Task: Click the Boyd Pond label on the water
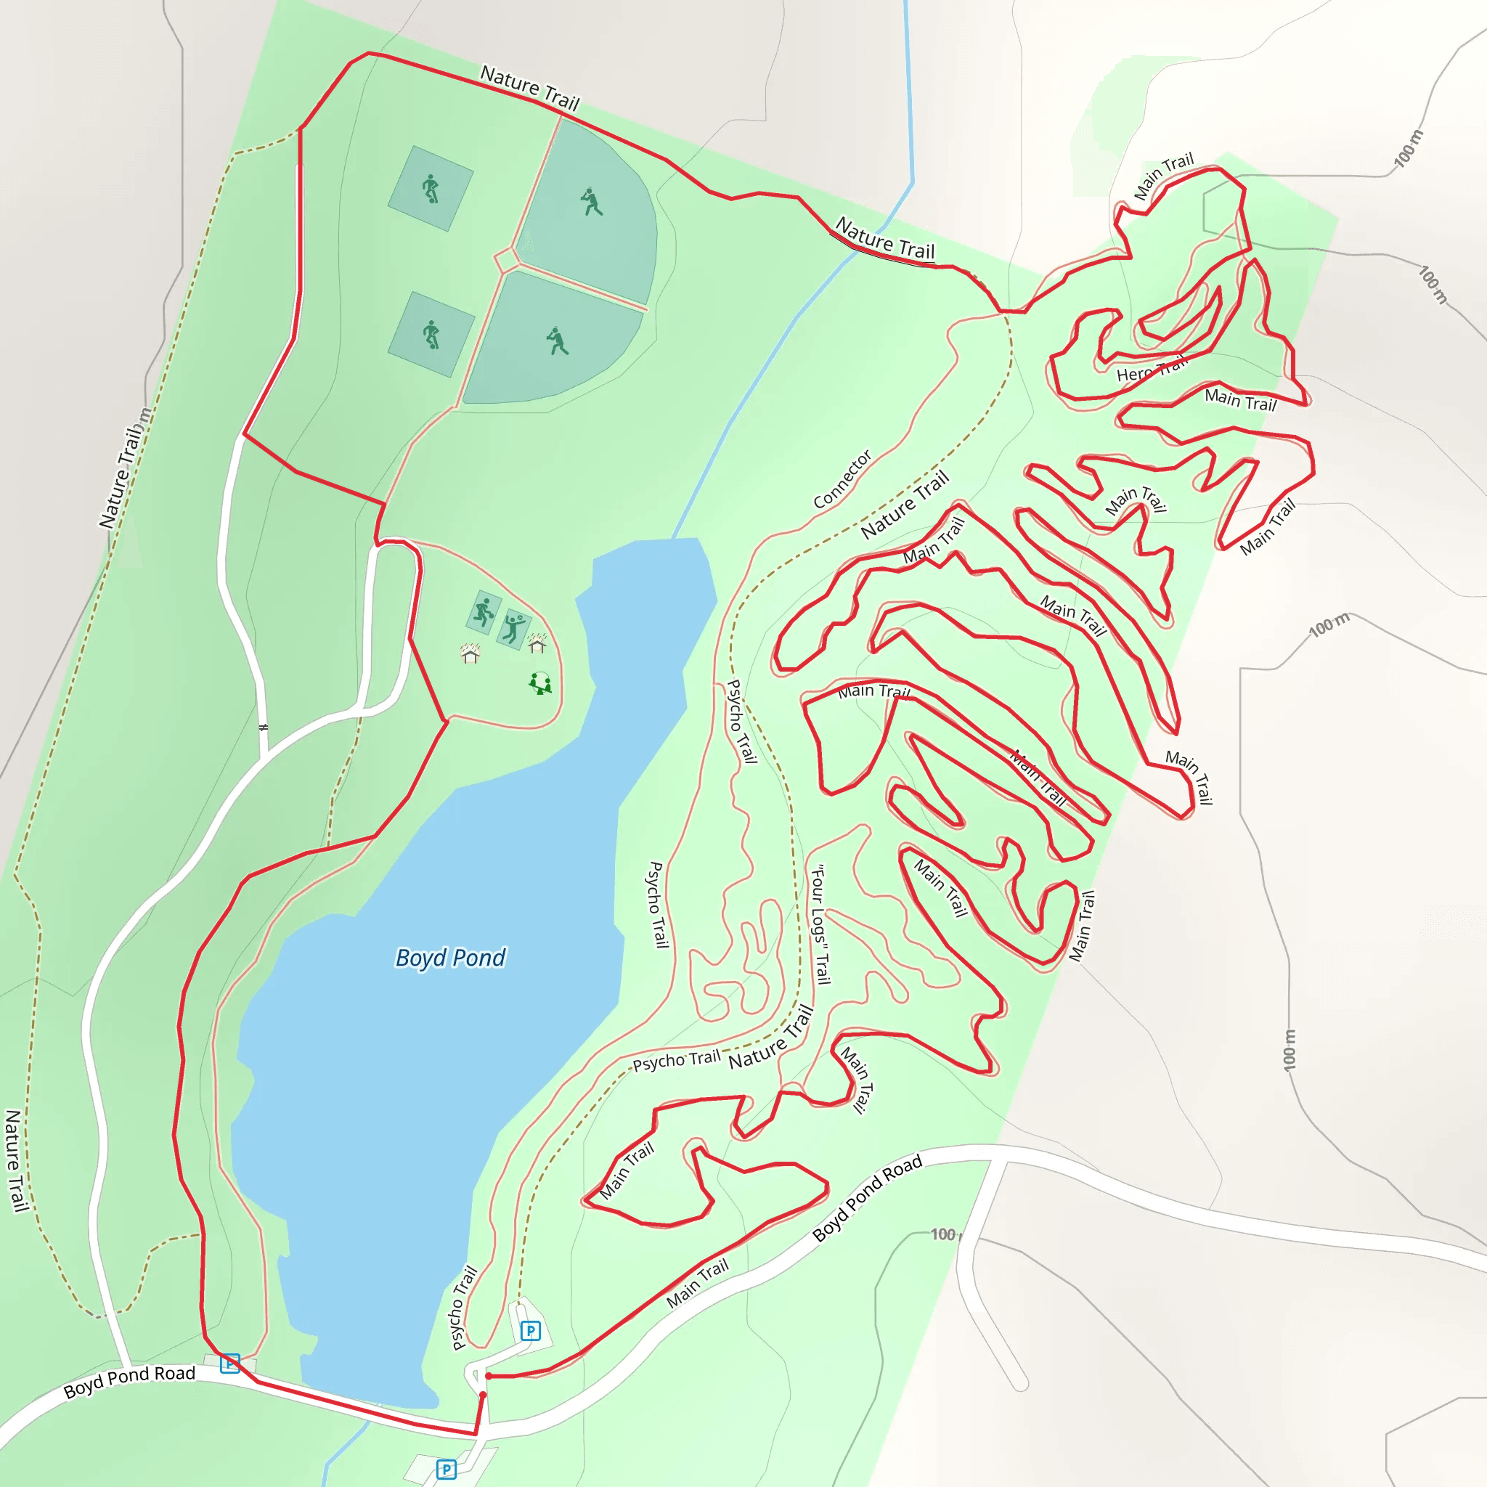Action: point(450,958)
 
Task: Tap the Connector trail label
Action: point(843,478)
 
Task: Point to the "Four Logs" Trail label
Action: point(820,924)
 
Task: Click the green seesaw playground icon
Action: point(540,683)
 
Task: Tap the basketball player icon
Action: point(484,612)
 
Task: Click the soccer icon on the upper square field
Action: point(431,188)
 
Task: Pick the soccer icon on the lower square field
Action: point(431,335)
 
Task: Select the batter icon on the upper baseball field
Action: point(591,202)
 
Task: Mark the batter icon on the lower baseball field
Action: point(557,341)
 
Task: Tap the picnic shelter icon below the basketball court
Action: point(470,653)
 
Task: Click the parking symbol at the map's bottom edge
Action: point(447,1470)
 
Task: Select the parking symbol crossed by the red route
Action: point(229,1364)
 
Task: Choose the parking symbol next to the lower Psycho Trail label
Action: point(530,1331)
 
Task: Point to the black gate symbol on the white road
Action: point(264,728)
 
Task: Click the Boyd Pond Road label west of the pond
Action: point(129,1382)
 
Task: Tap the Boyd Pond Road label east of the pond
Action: point(868,1198)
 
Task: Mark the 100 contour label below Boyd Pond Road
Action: point(943,1234)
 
